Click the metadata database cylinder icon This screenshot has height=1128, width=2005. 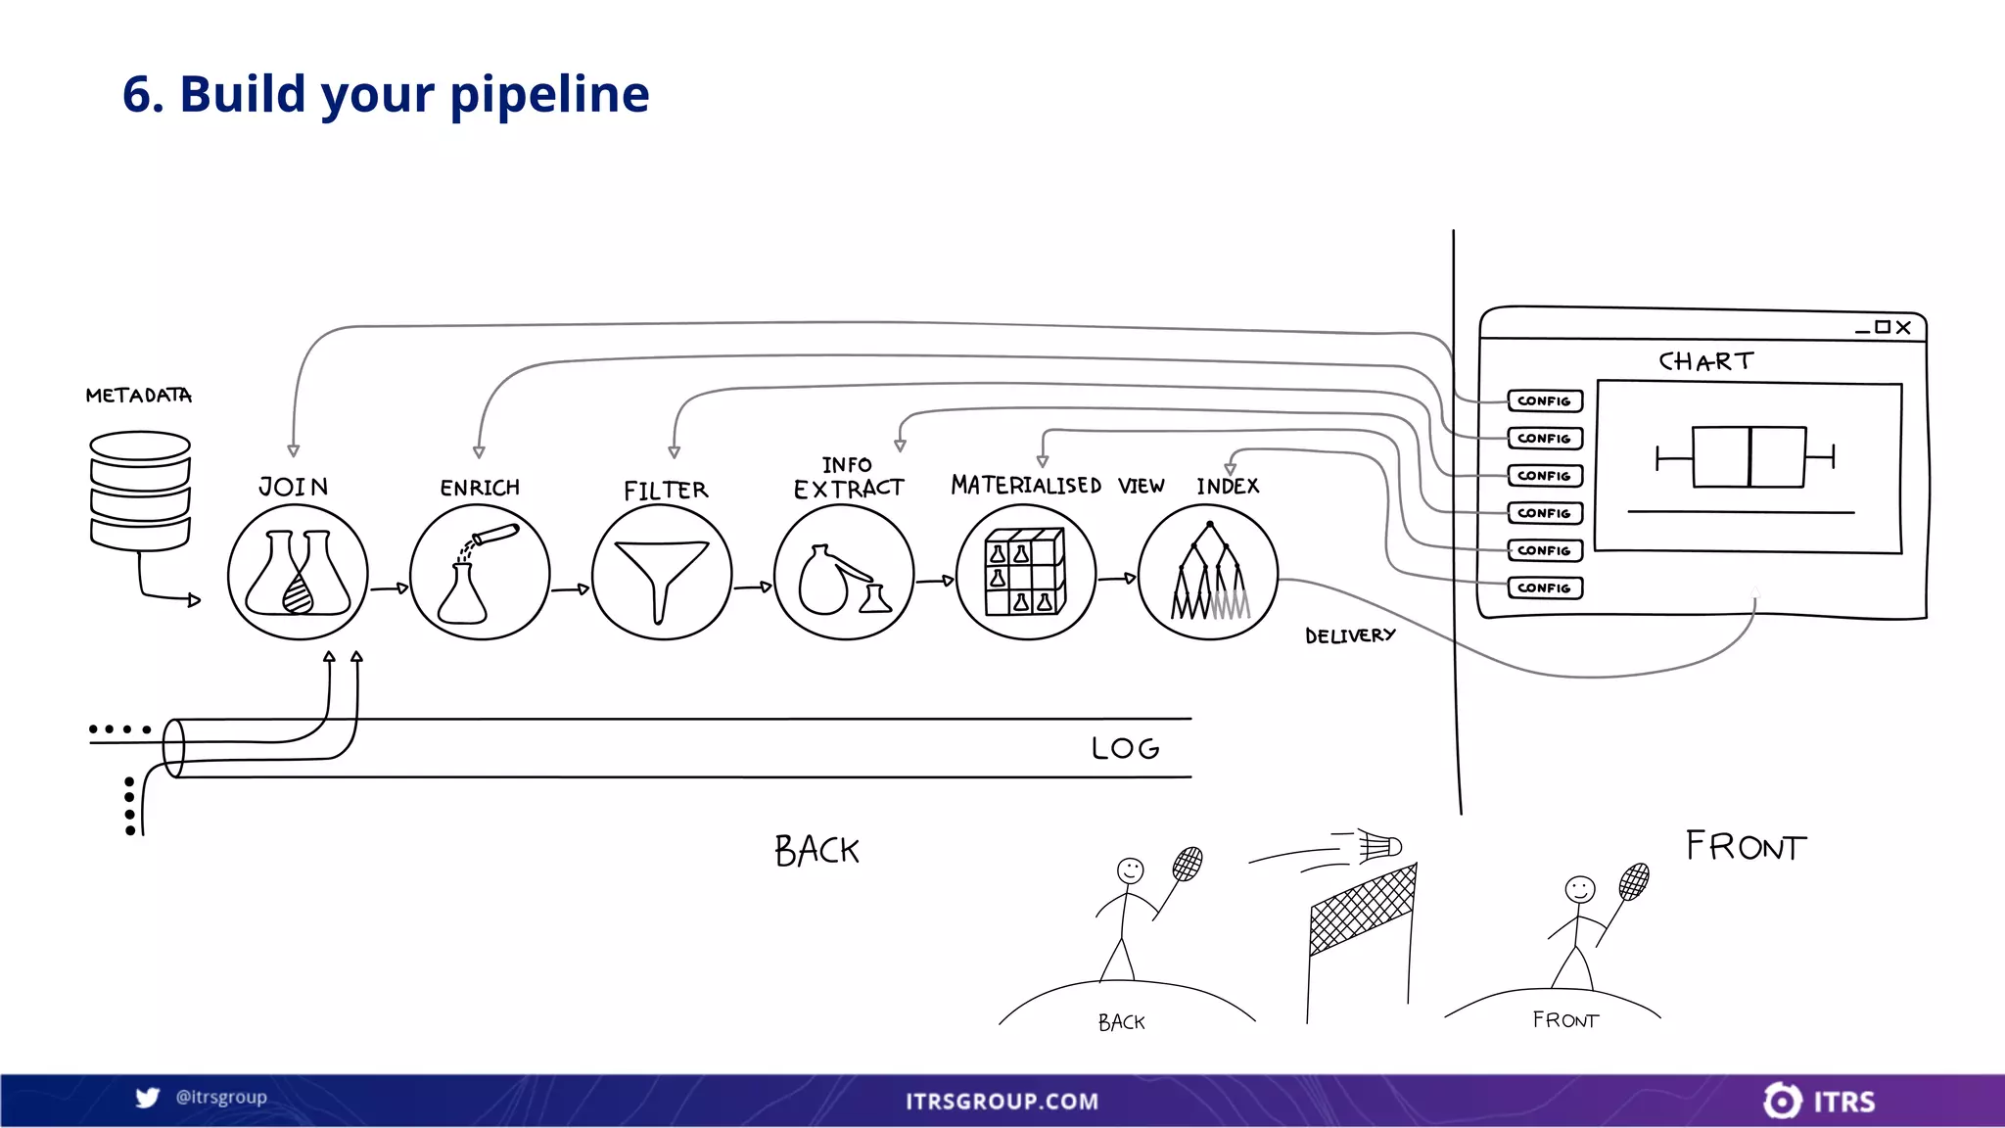click(140, 491)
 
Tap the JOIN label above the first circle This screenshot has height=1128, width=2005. click(293, 487)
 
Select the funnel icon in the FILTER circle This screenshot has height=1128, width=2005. click(662, 578)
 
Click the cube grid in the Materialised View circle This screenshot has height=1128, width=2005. click(1025, 572)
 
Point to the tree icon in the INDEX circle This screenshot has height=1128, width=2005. click(1209, 573)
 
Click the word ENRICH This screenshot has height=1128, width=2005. click(479, 488)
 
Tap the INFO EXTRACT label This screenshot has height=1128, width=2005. click(848, 478)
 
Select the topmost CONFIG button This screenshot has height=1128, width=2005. click(1544, 400)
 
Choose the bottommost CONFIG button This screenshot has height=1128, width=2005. click(1544, 587)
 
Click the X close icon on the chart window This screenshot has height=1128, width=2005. click(1903, 327)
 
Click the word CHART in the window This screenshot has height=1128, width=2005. click(1705, 361)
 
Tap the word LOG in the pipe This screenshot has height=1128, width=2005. click(1125, 748)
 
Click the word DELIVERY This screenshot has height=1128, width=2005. click(1349, 635)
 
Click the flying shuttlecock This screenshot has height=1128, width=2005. click(1379, 845)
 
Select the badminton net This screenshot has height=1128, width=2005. click(1363, 911)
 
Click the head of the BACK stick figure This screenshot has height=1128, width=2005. click(1130, 870)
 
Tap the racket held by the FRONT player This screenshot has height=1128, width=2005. click(1634, 881)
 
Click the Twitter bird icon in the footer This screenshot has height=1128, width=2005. click(148, 1098)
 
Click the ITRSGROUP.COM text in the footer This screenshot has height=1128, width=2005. click(1002, 1102)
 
